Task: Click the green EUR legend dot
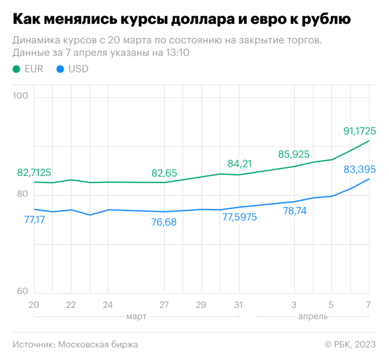pos(16,69)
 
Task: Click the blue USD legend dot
pos(59,69)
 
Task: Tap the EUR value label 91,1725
pos(360,130)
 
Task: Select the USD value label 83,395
pos(360,170)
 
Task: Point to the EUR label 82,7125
pos(34,173)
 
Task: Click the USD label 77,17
pos(35,220)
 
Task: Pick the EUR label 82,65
pos(164,173)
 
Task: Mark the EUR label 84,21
pos(239,163)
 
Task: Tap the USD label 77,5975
pos(239,217)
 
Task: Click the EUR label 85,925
pos(294,154)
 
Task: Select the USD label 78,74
pos(294,211)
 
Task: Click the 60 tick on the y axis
pos(22,291)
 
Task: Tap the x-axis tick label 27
pos(164,305)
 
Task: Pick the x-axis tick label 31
pos(239,305)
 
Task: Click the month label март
pos(136,316)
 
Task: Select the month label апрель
pos(312,316)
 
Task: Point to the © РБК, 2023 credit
pos(350,344)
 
